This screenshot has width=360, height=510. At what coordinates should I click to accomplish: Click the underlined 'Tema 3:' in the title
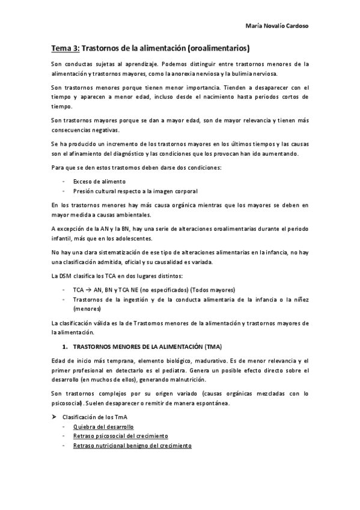tap(64, 48)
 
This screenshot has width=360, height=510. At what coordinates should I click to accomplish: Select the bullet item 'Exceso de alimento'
tap(99, 180)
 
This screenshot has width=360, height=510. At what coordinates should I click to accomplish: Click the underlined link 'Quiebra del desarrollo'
tap(103, 426)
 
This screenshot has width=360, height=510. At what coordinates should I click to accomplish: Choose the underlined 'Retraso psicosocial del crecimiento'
tap(121, 436)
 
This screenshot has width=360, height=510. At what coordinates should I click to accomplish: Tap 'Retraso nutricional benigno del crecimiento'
tap(132, 446)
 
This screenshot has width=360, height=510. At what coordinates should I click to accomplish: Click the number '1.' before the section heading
tap(66, 347)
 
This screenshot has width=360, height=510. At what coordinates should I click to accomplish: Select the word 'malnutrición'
tap(186, 380)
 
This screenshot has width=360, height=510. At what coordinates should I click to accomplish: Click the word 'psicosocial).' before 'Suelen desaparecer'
tap(70, 403)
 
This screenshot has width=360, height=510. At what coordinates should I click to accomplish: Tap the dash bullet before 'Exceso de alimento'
tap(64, 180)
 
